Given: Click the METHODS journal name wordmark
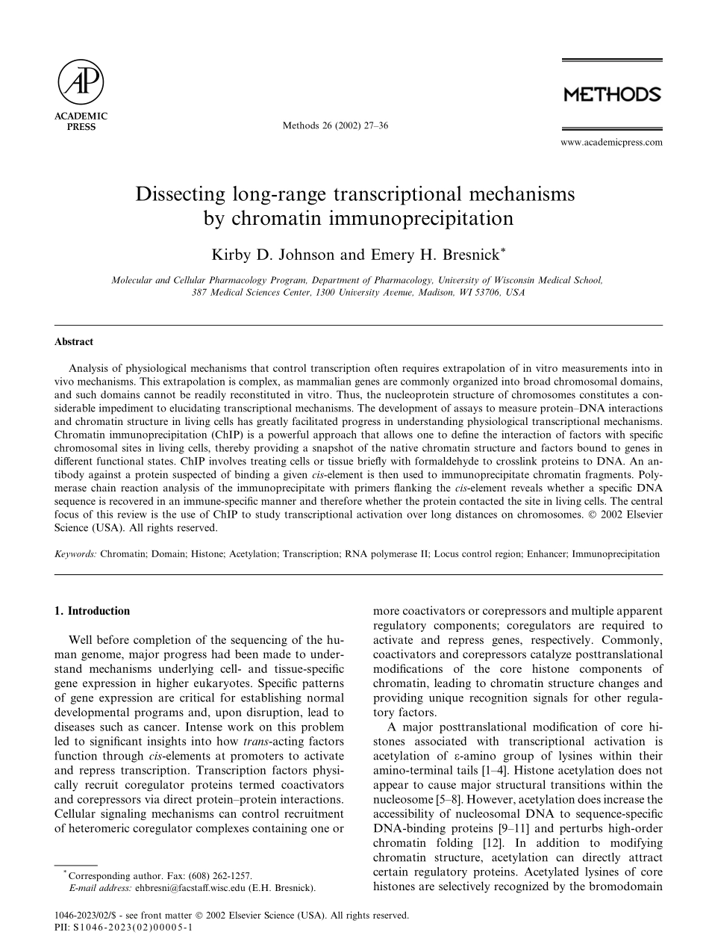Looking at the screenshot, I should pos(611,95).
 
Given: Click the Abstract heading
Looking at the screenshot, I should pos(73,342).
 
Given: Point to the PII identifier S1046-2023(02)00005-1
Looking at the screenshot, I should pos(133,927).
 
